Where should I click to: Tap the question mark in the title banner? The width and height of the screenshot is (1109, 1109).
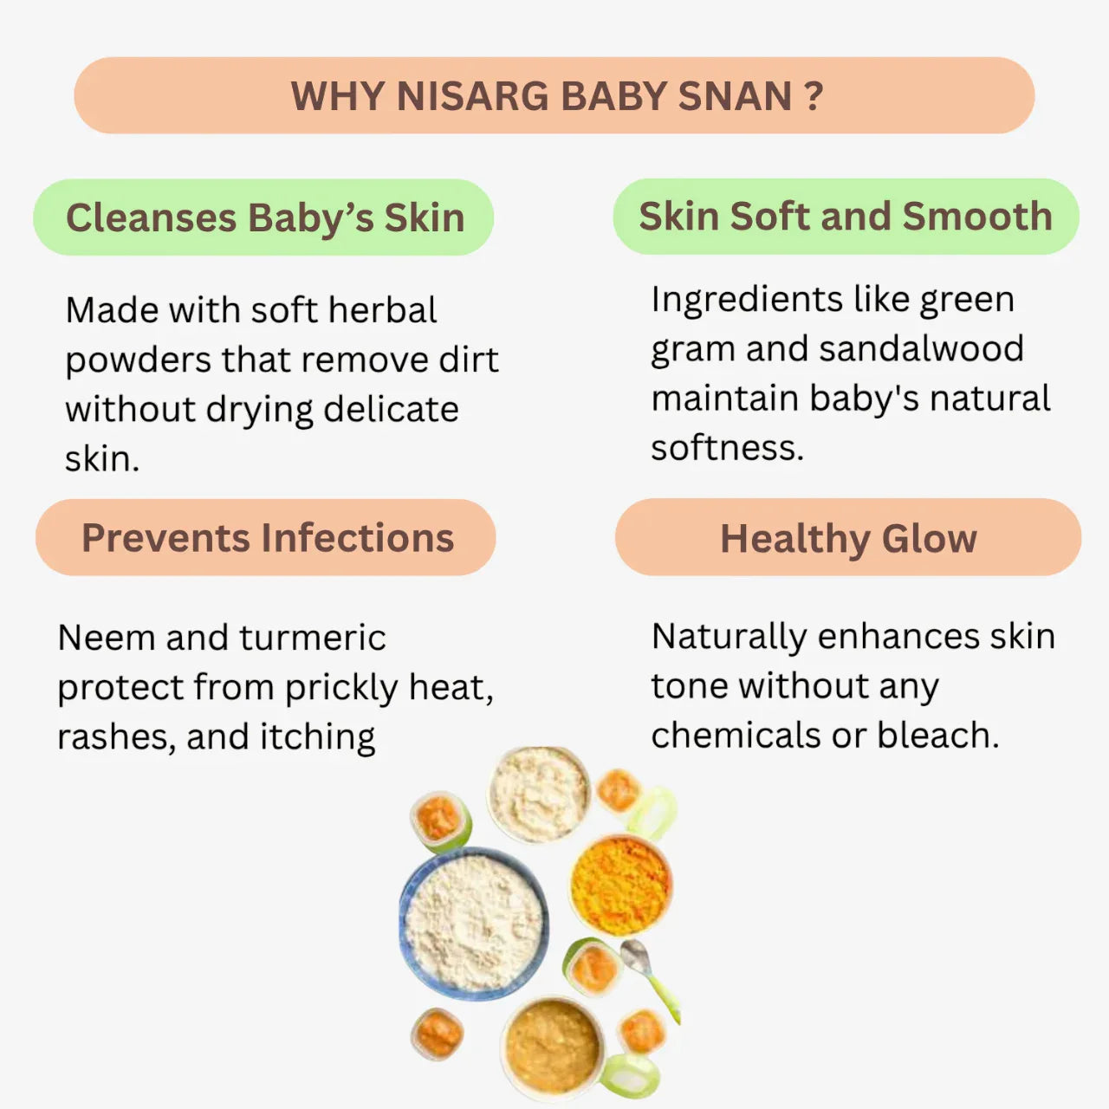click(813, 96)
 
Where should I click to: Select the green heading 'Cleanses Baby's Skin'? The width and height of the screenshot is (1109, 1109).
click(264, 217)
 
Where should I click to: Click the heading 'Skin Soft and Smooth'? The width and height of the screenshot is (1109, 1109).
click(846, 217)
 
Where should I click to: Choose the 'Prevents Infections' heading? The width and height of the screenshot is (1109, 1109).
click(267, 538)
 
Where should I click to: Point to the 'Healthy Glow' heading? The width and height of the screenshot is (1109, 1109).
click(848, 538)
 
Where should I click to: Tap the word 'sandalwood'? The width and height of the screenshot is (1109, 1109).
click(921, 348)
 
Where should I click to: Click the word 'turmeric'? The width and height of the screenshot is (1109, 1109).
click(313, 638)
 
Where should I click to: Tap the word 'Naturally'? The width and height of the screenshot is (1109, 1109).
click(729, 637)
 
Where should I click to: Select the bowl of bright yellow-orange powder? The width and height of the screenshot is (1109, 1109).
click(620, 885)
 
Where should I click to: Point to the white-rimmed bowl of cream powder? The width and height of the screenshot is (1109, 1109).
click(538, 792)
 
